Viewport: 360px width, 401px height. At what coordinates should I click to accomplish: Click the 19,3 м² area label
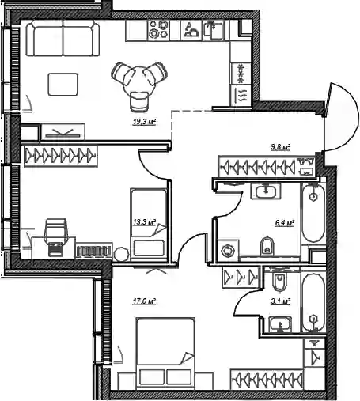[x=144, y=122]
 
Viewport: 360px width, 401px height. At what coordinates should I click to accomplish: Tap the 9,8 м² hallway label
[x=281, y=147]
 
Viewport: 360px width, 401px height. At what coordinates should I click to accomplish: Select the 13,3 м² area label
[x=144, y=222]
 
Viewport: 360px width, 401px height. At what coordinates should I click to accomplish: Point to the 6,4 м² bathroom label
[x=285, y=223]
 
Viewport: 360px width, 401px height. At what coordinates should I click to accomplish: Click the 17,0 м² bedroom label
[x=144, y=301]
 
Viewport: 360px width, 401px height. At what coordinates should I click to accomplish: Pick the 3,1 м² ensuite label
[x=281, y=301]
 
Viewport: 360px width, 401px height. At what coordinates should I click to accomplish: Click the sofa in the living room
[x=63, y=38]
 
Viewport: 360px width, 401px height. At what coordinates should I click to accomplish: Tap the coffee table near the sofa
[x=63, y=85]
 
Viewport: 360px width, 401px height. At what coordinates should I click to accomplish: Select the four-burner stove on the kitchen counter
[x=158, y=30]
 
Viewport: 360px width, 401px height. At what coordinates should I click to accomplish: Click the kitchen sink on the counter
[x=214, y=30]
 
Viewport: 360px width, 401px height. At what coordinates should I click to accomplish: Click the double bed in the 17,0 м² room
[x=165, y=353]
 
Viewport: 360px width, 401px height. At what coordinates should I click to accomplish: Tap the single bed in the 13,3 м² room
[x=149, y=225]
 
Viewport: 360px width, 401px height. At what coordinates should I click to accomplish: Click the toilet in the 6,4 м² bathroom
[x=267, y=247]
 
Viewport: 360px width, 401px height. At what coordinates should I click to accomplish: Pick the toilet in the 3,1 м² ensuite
[x=279, y=282]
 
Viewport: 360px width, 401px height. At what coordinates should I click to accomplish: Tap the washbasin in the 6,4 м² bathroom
[x=266, y=191]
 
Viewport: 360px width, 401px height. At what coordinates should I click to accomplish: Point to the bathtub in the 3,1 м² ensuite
[x=313, y=303]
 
